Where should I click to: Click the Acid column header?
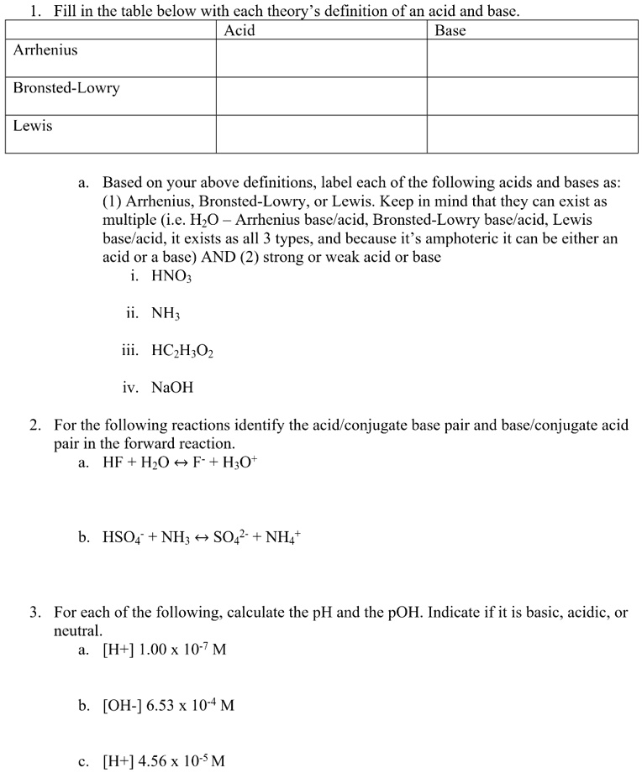(239, 31)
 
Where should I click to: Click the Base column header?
(450, 31)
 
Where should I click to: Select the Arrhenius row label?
(45, 50)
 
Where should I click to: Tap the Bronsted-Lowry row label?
(66, 88)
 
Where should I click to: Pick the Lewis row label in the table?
(33, 126)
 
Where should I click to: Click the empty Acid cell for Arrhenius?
(321, 58)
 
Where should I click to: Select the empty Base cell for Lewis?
(533, 134)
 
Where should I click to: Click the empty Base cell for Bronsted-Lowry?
(533, 96)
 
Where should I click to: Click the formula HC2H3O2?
(182, 352)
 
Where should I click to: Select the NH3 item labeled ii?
(166, 315)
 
